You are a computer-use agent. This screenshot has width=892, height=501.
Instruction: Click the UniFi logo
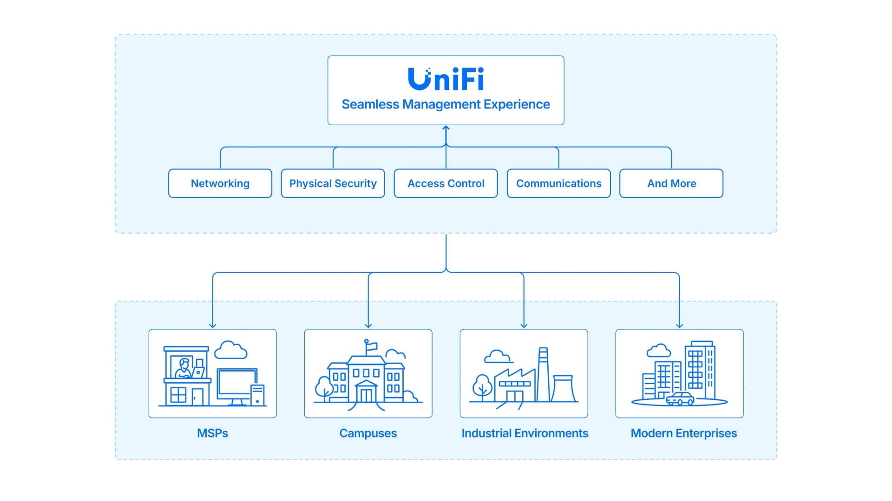446,79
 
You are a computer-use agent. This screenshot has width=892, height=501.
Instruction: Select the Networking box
220,183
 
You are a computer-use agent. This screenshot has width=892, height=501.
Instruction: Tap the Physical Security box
333,183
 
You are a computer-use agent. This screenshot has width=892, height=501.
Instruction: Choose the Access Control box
446,183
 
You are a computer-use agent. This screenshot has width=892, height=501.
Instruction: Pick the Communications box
558,183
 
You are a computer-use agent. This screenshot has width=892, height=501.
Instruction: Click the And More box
671,183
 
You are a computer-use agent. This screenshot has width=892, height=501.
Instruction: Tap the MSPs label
212,433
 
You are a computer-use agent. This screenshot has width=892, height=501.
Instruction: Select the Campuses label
368,433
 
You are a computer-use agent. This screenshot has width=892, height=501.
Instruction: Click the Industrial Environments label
525,433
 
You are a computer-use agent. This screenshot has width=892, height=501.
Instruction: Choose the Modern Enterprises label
683,433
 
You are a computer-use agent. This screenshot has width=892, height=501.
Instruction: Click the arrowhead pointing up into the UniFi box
446,128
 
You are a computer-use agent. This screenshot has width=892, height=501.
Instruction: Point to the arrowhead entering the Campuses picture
368,326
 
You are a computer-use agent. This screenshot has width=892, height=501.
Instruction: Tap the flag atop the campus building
372,346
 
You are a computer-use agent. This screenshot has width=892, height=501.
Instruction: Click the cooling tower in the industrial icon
564,389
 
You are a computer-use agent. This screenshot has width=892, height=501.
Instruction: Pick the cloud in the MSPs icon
230,350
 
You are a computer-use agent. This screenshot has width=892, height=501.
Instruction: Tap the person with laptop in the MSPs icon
185,369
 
